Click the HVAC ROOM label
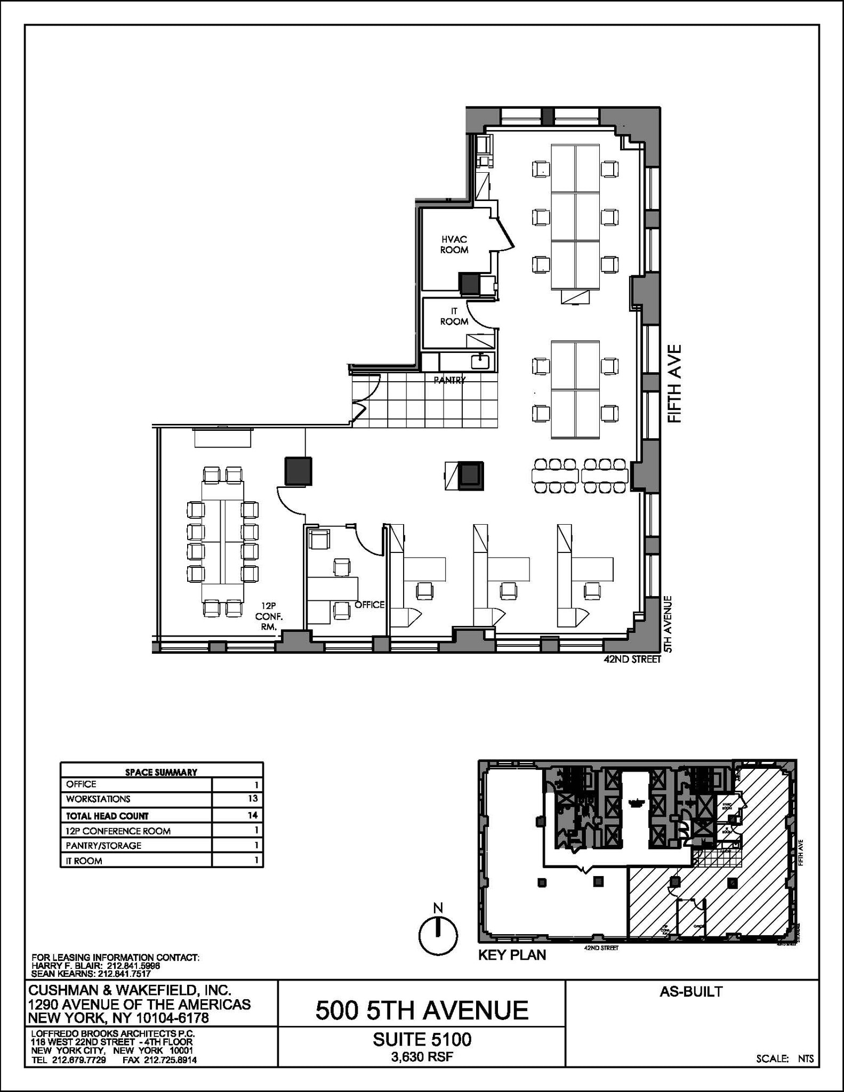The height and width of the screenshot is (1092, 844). pyautogui.click(x=454, y=245)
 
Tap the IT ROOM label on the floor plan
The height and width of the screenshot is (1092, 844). pyautogui.click(x=454, y=317)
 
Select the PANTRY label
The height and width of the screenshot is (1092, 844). pyautogui.click(x=449, y=380)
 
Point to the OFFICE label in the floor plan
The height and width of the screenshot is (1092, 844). pyautogui.click(x=369, y=605)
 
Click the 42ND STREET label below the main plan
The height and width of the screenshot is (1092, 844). pyautogui.click(x=632, y=659)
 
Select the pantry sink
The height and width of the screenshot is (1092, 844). pyautogui.click(x=480, y=361)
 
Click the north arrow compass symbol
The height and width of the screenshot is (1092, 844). pyautogui.click(x=438, y=935)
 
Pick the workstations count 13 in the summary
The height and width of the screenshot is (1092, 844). pyautogui.click(x=253, y=798)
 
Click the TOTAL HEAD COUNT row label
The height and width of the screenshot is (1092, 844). pyautogui.click(x=107, y=816)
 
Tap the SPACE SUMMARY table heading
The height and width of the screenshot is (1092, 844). pyautogui.click(x=161, y=772)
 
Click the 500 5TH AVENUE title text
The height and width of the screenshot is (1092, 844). pyautogui.click(x=422, y=1010)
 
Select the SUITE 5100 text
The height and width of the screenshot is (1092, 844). pyautogui.click(x=422, y=1039)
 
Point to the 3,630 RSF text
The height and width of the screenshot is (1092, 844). pyautogui.click(x=422, y=1056)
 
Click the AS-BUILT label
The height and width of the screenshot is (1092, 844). pyautogui.click(x=691, y=992)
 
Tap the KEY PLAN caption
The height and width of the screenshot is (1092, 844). pyautogui.click(x=512, y=955)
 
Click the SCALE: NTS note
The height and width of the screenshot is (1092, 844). pyautogui.click(x=785, y=1059)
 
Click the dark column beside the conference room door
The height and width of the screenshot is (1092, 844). pyautogui.click(x=298, y=471)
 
